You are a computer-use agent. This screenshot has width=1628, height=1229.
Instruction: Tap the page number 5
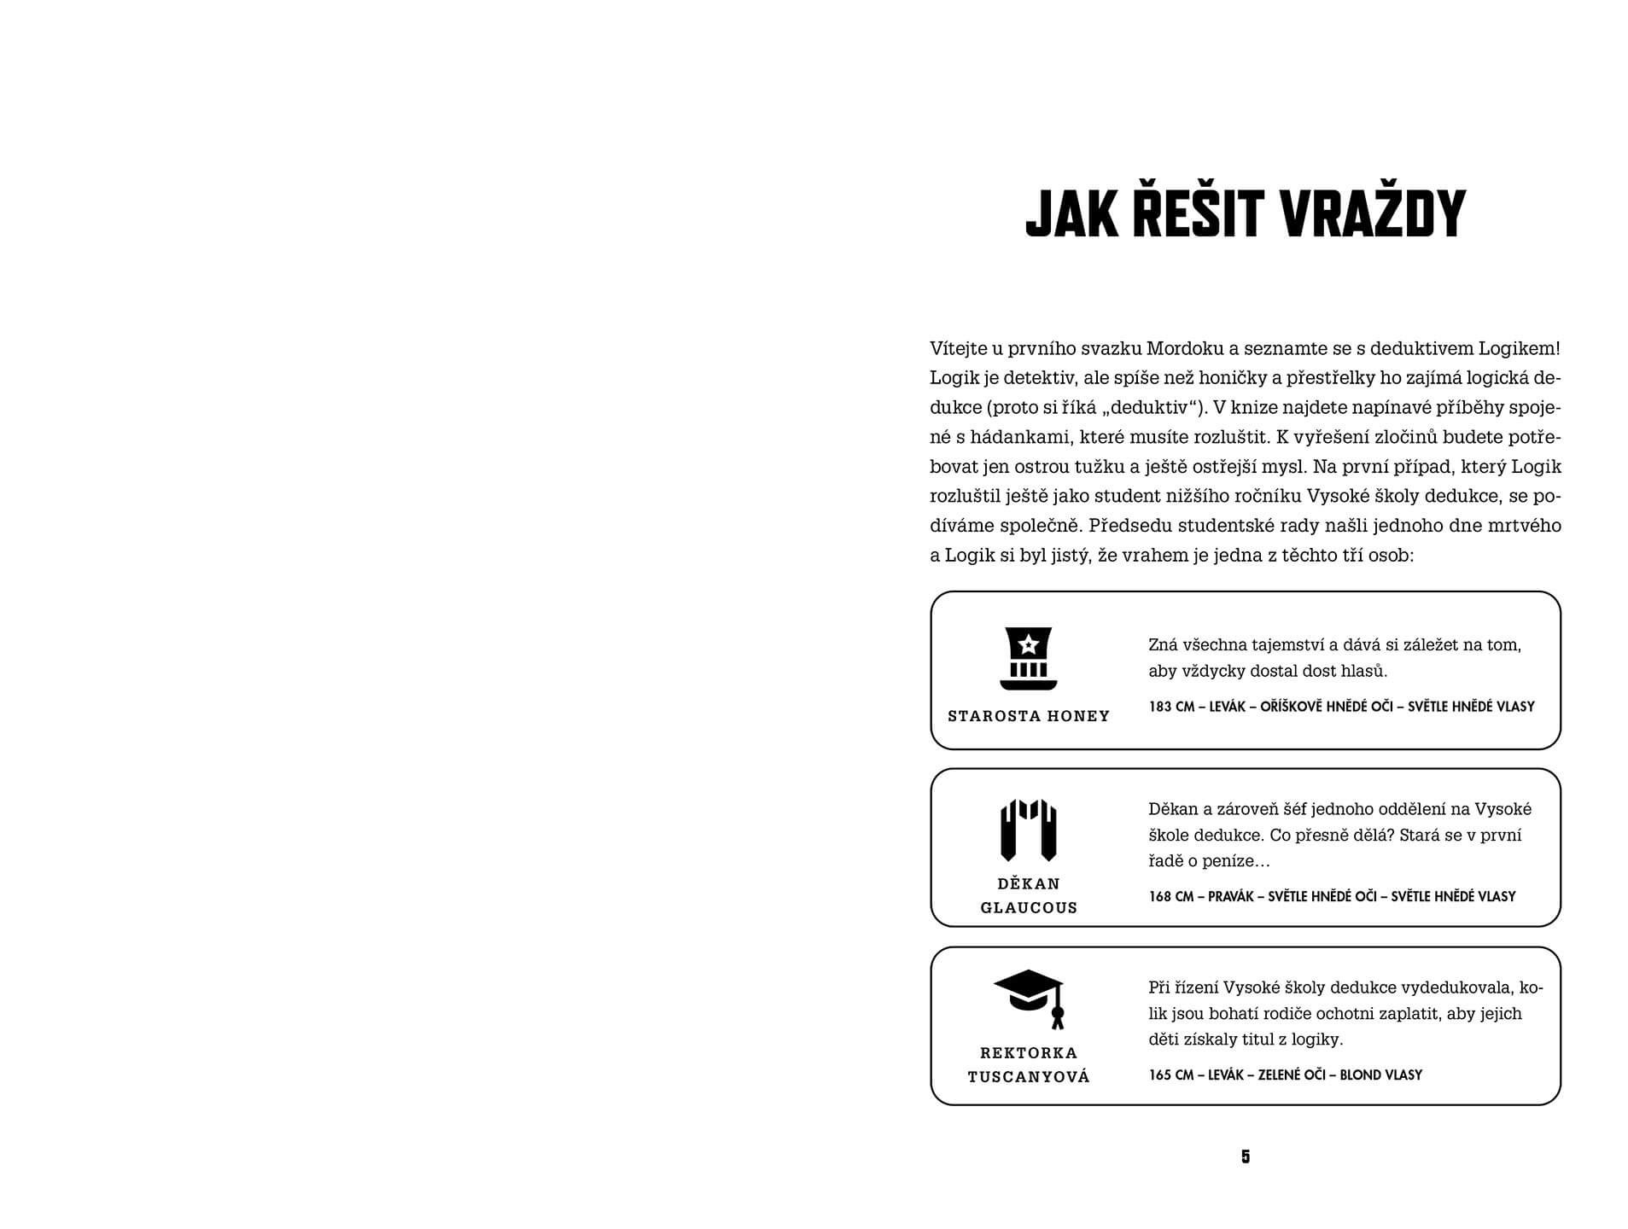[x=1246, y=1156]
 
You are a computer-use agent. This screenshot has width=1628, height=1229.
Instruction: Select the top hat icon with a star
[x=1029, y=658]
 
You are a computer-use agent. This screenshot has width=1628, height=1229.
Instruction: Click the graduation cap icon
[x=1030, y=998]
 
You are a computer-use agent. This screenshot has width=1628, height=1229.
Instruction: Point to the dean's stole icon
[x=1029, y=830]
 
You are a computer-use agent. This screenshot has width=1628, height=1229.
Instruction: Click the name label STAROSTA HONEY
[x=1029, y=716]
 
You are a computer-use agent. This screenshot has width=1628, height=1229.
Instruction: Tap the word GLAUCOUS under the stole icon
[x=1029, y=908]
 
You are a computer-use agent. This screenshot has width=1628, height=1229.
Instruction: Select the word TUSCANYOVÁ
[x=1029, y=1077]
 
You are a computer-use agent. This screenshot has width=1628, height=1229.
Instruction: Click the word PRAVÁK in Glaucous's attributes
[x=1231, y=896]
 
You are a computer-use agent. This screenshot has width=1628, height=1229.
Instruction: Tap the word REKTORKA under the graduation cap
[x=1029, y=1053]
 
